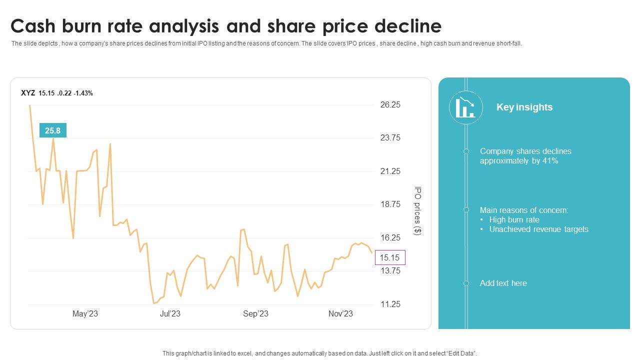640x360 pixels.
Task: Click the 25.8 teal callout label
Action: [52, 130]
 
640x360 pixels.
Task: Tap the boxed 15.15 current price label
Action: [390, 257]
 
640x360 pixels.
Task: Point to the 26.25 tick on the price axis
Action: [390, 104]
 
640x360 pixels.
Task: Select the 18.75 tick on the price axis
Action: [390, 204]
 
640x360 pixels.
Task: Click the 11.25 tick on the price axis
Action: [390, 304]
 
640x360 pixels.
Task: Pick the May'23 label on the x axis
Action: [85, 314]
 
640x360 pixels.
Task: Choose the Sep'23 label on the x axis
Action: [255, 314]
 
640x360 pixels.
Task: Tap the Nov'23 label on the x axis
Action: [340, 314]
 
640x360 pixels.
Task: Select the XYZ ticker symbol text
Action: [27, 93]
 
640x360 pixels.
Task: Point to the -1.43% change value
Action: [83, 93]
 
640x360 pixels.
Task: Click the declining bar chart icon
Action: [465, 107]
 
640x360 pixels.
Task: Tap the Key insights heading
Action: [524, 107]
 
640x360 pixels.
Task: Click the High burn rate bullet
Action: [514, 220]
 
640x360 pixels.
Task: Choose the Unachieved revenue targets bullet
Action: [538, 229]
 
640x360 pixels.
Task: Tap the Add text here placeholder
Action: [503, 283]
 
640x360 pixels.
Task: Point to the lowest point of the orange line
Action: [154, 303]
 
